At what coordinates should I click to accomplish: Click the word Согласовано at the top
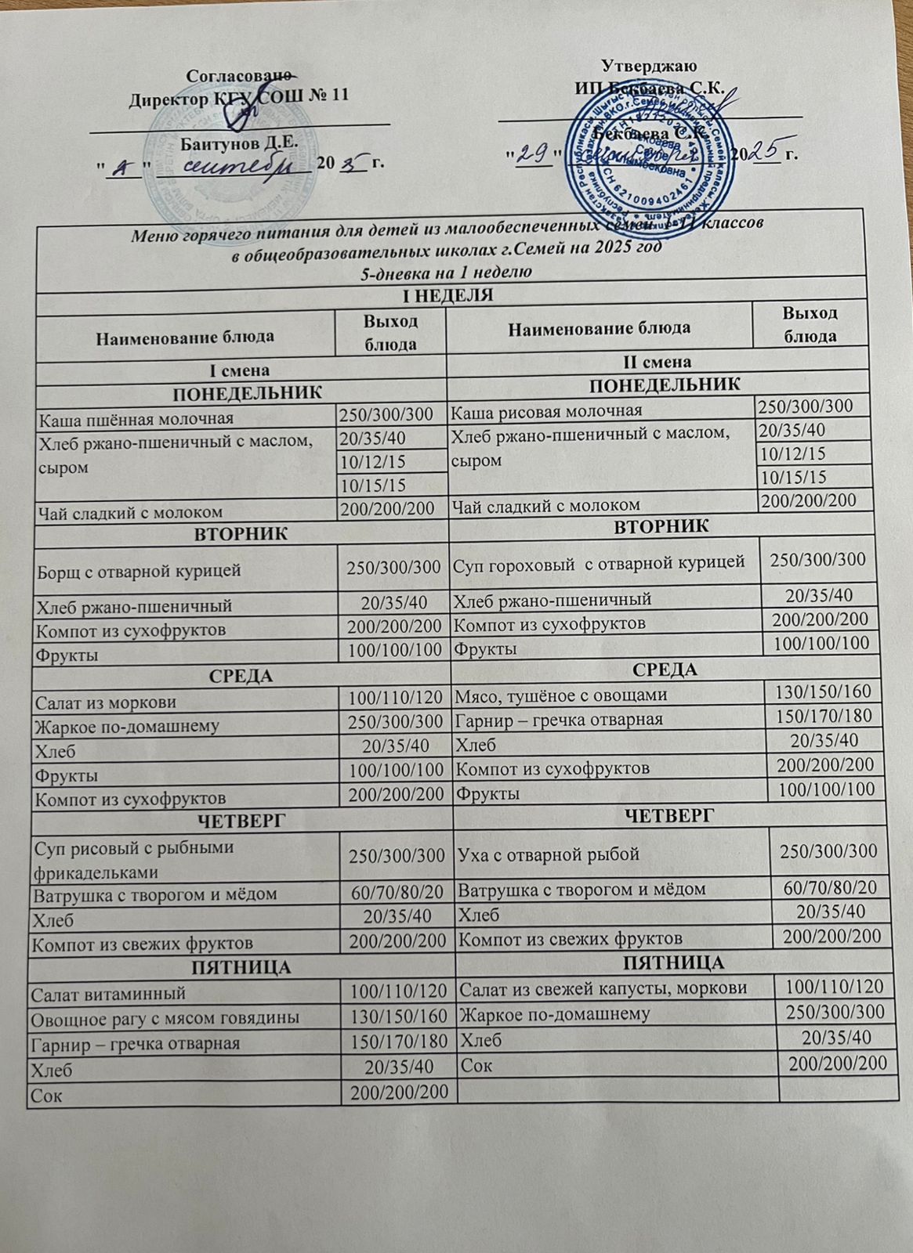(239, 76)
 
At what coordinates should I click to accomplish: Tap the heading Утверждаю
(650, 65)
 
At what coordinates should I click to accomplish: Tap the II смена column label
(656, 362)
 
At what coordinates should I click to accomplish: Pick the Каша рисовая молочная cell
(548, 410)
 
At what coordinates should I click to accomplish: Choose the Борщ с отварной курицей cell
(139, 571)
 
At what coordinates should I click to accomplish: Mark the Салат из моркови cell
(105, 702)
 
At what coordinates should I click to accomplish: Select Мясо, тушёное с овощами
(561, 693)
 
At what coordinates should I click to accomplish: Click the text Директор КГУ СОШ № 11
(238, 99)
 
